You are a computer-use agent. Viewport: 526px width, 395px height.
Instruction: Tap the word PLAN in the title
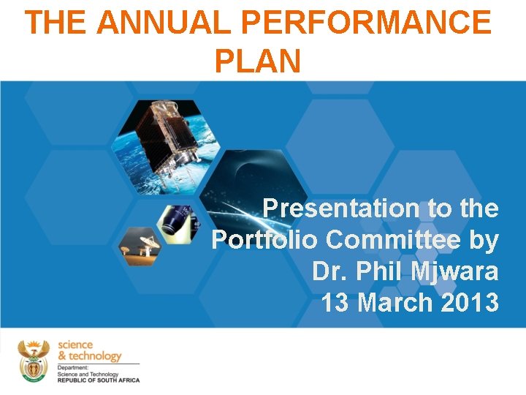pos(257,61)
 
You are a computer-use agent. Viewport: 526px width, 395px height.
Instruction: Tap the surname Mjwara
pos(455,271)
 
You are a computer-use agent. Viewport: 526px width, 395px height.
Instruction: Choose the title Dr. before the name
pos(329,271)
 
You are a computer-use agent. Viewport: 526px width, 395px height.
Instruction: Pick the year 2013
pos(470,302)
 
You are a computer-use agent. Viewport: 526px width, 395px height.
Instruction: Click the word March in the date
pos(395,302)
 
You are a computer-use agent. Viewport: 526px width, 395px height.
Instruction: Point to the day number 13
pos(335,302)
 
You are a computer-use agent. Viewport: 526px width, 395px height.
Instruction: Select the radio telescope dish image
pos(140,245)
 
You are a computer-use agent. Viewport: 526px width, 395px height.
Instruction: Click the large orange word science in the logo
pos(75,345)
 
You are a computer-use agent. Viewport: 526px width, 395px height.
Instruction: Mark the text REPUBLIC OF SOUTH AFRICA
pos(98,380)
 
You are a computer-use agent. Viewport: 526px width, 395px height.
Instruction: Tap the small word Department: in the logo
pos(73,368)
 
